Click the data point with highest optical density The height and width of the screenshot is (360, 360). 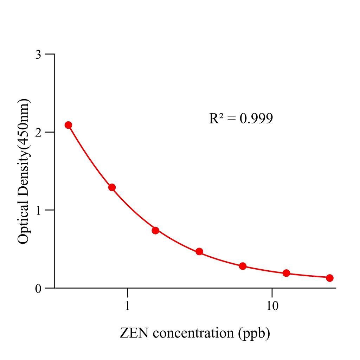click(x=68, y=125)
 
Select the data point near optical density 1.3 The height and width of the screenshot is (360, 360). click(x=112, y=187)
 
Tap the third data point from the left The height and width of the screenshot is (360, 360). click(x=155, y=230)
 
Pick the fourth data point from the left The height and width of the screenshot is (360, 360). click(x=199, y=251)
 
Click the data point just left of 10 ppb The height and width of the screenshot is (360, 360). click(x=243, y=266)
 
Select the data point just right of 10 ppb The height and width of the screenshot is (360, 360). click(x=286, y=273)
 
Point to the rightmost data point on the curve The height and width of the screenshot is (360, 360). click(x=330, y=278)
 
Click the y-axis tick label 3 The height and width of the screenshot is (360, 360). click(x=39, y=54)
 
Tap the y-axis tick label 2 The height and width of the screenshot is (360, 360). click(x=39, y=133)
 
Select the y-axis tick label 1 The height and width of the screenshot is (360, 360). click(x=39, y=210)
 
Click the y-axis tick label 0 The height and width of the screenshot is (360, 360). click(x=39, y=288)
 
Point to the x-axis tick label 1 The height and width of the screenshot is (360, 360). click(x=127, y=306)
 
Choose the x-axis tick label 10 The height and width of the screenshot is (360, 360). click(x=272, y=306)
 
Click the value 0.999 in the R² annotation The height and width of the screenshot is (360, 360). click(x=256, y=119)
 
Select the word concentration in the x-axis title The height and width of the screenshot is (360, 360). click(x=192, y=333)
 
